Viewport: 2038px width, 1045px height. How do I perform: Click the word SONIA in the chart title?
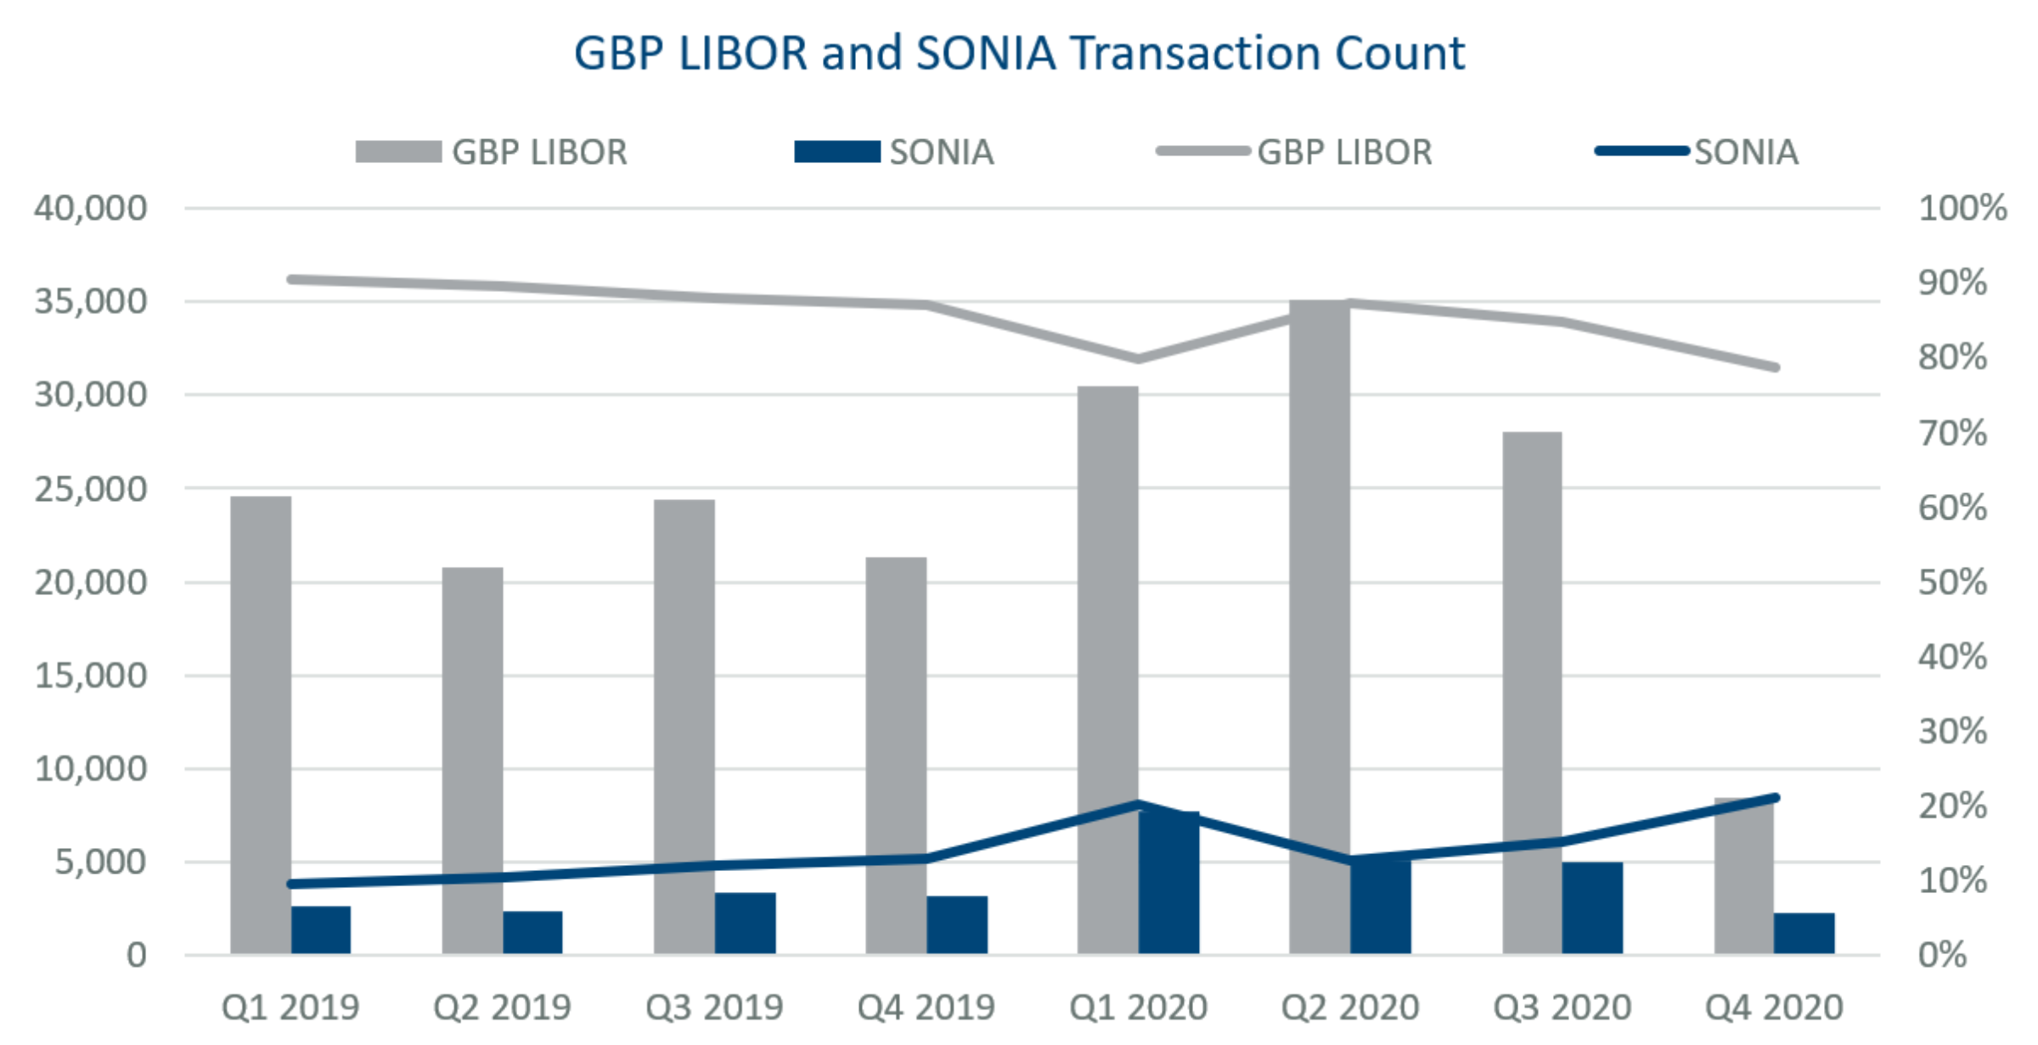click(x=986, y=53)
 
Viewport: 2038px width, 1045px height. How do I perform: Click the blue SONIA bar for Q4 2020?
click(x=1804, y=934)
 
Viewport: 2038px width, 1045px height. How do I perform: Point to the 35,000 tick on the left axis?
click(x=90, y=301)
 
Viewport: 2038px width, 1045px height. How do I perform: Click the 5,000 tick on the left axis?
click(x=100, y=862)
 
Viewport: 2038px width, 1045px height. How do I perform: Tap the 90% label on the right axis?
click(x=1952, y=283)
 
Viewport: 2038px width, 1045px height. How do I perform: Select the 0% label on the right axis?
click(x=1942, y=955)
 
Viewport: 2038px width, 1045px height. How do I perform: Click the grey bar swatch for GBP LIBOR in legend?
click(x=398, y=152)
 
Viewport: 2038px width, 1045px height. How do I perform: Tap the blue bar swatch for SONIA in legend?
click(x=837, y=152)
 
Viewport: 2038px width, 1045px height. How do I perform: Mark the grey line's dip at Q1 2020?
click(x=1138, y=359)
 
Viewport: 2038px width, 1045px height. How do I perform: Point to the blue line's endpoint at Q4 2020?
click(x=1775, y=798)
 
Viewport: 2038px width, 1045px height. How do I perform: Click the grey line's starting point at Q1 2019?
click(x=291, y=279)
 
